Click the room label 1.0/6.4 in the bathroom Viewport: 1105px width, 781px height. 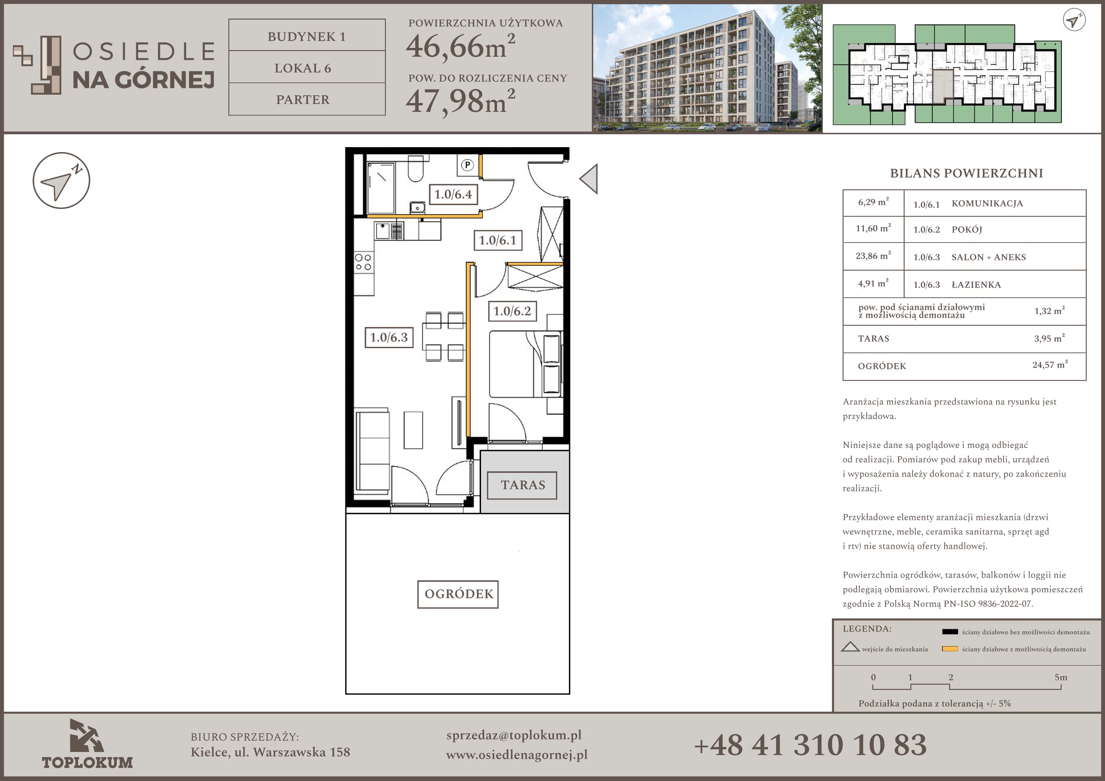coord(453,194)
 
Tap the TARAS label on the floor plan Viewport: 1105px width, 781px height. coord(523,485)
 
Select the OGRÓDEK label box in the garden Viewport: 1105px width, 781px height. coord(458,594)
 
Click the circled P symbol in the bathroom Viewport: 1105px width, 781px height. coord(467,165)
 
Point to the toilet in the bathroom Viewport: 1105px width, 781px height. coord(415,169)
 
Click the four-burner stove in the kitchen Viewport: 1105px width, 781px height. coord(363,263)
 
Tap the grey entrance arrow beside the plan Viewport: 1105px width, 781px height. coord(589,179)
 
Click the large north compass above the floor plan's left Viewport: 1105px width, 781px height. coord(61,181)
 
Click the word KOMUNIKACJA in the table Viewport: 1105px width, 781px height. coord(987,203)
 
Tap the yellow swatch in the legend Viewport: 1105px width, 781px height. coord(950,649)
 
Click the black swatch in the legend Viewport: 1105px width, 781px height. coord(950,632)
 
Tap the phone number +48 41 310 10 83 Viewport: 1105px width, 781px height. coord(810,745)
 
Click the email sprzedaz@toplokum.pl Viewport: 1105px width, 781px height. coord(514,735)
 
